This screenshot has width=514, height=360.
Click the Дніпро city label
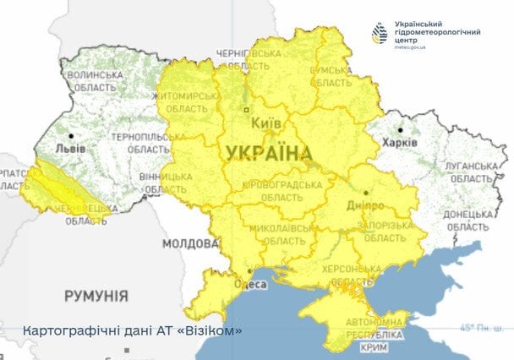(x=365, y=205)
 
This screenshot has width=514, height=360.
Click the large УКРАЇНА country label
(x=268, y=153)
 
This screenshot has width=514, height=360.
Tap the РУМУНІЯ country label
(x=97, y=296)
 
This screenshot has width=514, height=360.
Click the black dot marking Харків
(x=400, y=130)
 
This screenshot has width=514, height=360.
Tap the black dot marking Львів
(x=73, y=135)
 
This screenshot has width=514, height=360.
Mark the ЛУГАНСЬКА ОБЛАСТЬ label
(x=467, y=172)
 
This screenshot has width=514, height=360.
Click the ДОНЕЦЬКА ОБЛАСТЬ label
(x=467, y=221)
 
